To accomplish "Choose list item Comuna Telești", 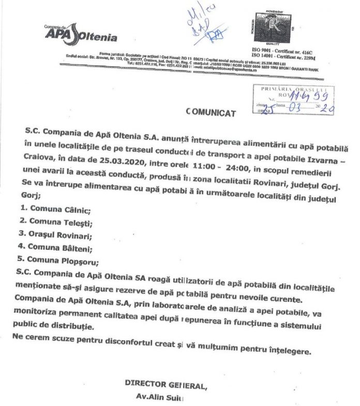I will pos(62,223).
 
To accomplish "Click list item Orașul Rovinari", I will pos(63,236).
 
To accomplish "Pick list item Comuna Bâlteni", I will pos(62,248).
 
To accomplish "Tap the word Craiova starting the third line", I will pos(39,163).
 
